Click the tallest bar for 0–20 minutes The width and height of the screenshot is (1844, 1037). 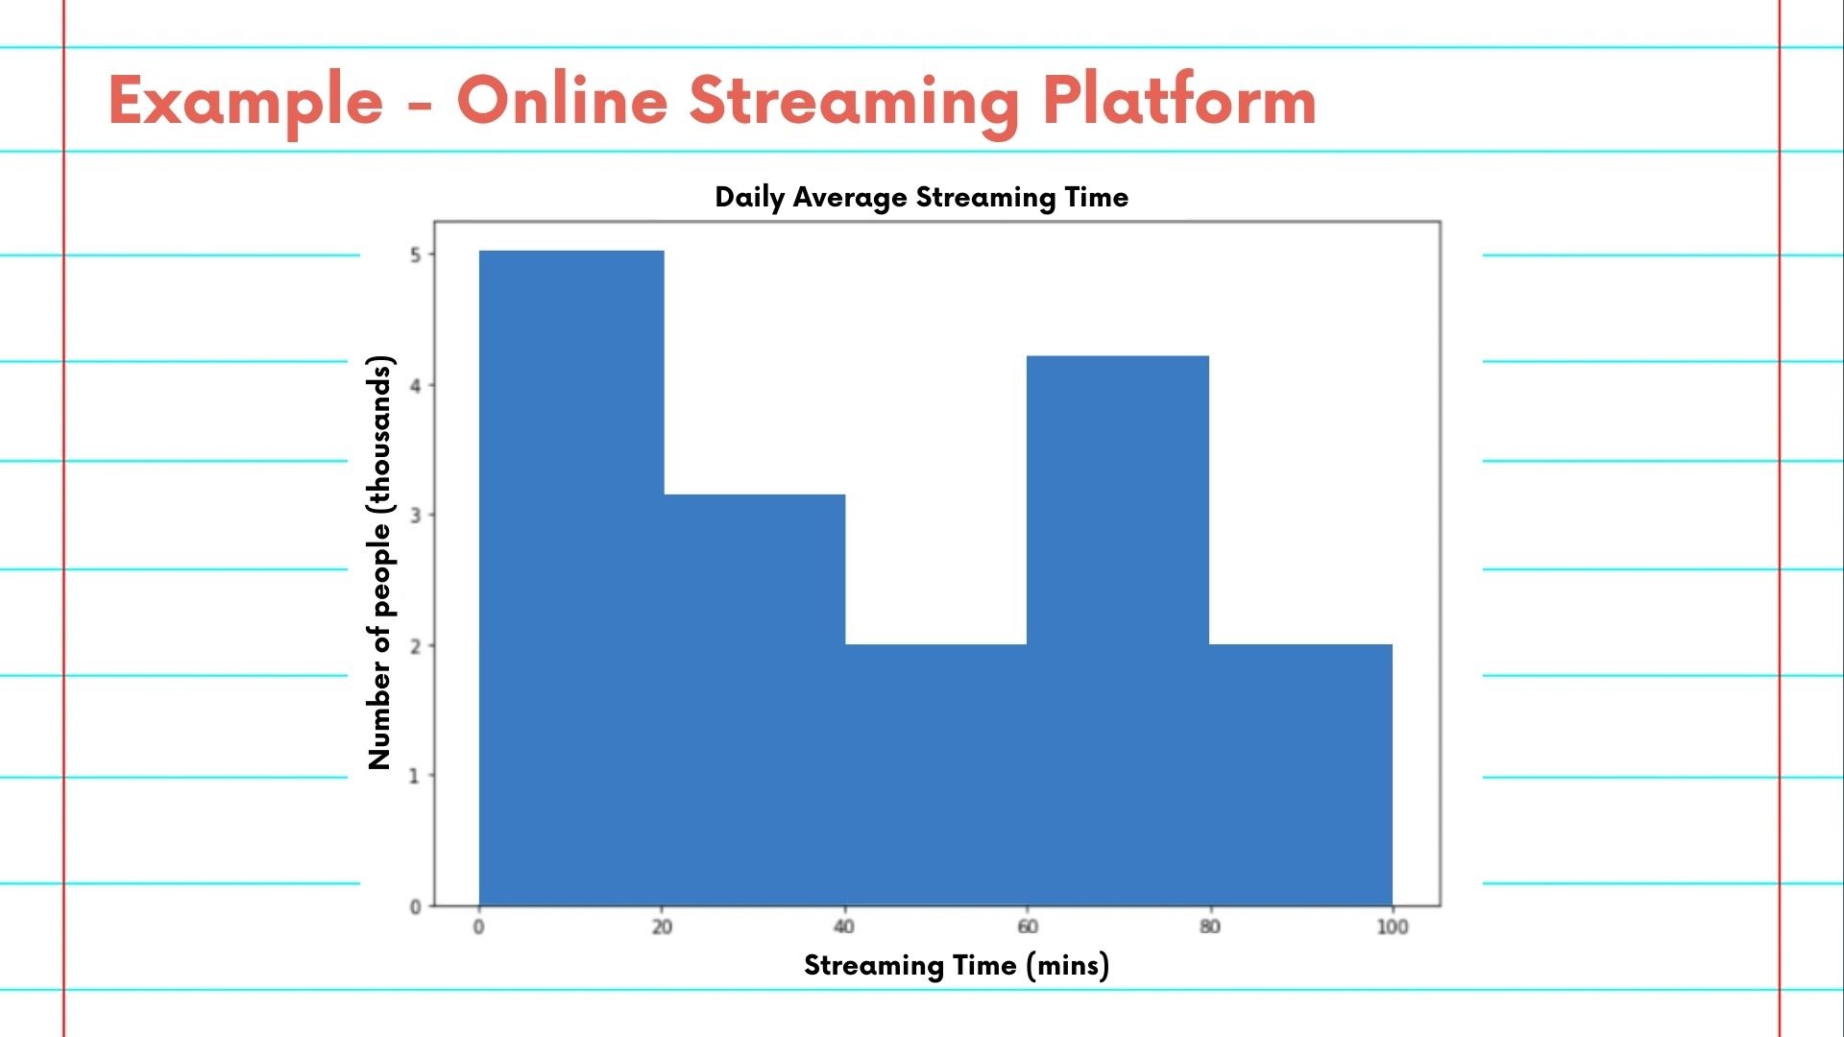click(x=571, y=577)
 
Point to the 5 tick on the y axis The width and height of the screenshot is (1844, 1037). click(x=416, y=254)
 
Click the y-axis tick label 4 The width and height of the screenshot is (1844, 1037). click(x=416, y=385)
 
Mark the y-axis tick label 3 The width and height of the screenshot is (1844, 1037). click(x=416, y=516)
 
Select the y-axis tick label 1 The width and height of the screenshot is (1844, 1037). click(x=416, y=776)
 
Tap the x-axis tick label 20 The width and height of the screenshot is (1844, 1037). click(x=662, y=927)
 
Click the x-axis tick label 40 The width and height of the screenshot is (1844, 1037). click(x=844, y=927)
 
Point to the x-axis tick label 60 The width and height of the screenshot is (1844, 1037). click(x=1028, y=927)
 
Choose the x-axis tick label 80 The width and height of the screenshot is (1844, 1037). click(x=1210, y=927)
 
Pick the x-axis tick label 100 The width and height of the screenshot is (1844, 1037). click(x=1393, y=927)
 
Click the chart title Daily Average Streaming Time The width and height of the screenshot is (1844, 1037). click(x=922, y=197)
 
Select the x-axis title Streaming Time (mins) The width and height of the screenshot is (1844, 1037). click(x=957, y=965)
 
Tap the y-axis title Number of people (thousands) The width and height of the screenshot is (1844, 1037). click(x=380, y=563)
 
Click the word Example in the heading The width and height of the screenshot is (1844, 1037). click(x=246, y=101)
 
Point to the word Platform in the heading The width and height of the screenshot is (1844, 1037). click(x=1179, y=101)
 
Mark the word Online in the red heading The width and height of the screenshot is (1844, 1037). click(x=562, y=101)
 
